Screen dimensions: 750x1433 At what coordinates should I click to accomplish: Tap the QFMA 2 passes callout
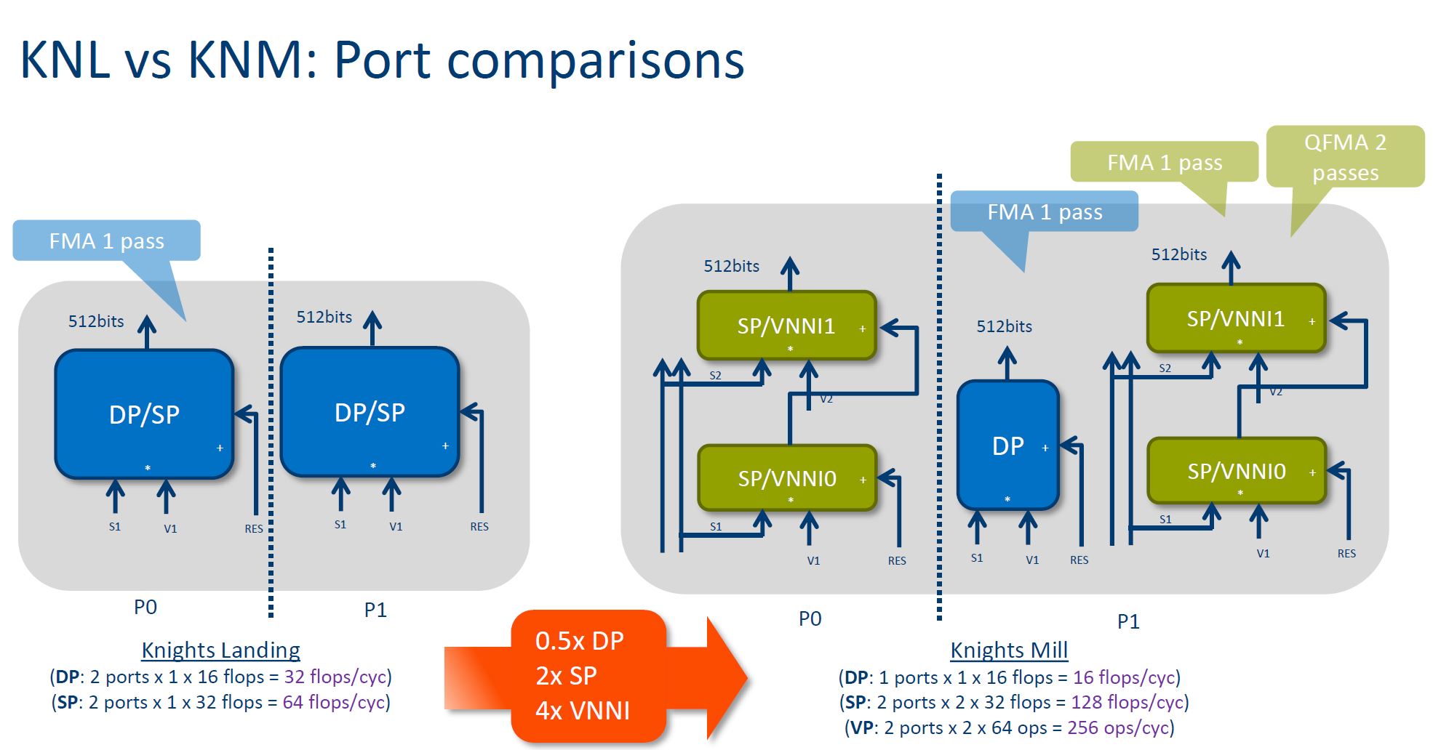(1345, 156)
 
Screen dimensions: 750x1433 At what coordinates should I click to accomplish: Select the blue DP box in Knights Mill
(1007, 445)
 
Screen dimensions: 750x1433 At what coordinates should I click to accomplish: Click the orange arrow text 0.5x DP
(579, 641)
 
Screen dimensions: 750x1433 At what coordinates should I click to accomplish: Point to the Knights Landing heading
(220, 650)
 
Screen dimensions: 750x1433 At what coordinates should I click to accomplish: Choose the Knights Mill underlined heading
(1009, 650)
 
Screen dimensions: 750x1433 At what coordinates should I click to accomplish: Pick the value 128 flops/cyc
(1127, 702)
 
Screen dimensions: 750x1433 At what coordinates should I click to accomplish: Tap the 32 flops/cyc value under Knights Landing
(335, 677)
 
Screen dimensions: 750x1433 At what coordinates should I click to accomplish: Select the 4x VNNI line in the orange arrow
(582, 710)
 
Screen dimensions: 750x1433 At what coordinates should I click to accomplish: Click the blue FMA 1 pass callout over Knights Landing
(106, 241)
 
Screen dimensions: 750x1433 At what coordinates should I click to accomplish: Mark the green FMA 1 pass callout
(1164, 162)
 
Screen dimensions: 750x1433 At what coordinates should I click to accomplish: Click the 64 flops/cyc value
(334, 702)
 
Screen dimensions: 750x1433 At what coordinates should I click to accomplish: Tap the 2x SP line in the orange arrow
(566, 676)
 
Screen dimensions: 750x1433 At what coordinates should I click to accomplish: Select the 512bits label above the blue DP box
(1004, 326)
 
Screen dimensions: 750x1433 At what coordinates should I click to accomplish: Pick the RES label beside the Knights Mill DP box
(1079, 560)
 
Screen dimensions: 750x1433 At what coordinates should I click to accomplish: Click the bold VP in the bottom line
(862, 727)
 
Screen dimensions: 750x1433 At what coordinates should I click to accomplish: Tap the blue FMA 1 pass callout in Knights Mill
(1044, 211)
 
